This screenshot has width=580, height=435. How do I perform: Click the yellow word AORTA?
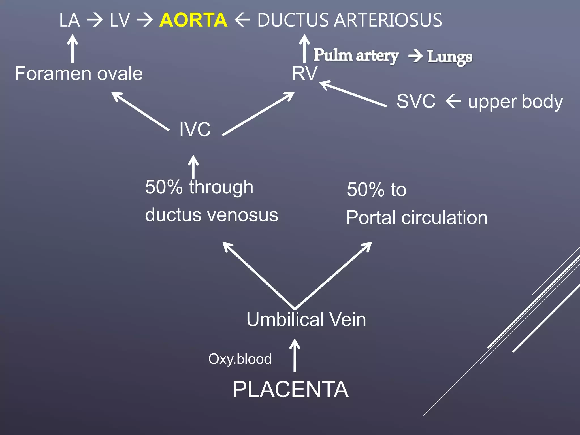coord(193,20)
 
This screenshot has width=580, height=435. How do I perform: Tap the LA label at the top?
coord(69,20)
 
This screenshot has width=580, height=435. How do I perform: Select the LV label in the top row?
coord(120,20)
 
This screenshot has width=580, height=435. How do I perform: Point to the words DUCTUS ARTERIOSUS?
coord(349,20)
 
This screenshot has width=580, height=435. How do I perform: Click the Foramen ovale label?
coord(79,74)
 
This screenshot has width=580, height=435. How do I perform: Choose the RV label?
coord(305,74)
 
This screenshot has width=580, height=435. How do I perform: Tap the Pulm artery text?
coord(356,56)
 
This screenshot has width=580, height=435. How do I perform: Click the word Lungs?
coord(450,57)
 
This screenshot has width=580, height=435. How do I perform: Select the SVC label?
coord(416,101)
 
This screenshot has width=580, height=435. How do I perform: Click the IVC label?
coord(195,129)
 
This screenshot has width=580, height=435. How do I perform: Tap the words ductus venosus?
coord(212,215)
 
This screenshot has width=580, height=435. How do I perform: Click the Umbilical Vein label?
coord(306,319)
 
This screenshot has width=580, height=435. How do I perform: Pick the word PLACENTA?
coord(291,389)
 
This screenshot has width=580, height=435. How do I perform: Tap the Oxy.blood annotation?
coord(240,359)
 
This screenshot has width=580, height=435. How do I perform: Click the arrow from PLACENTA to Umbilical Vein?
coord(295,355)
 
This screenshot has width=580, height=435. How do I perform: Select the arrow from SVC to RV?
coord(353,94)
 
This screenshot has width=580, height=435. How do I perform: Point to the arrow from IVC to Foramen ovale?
coord(140,111)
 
